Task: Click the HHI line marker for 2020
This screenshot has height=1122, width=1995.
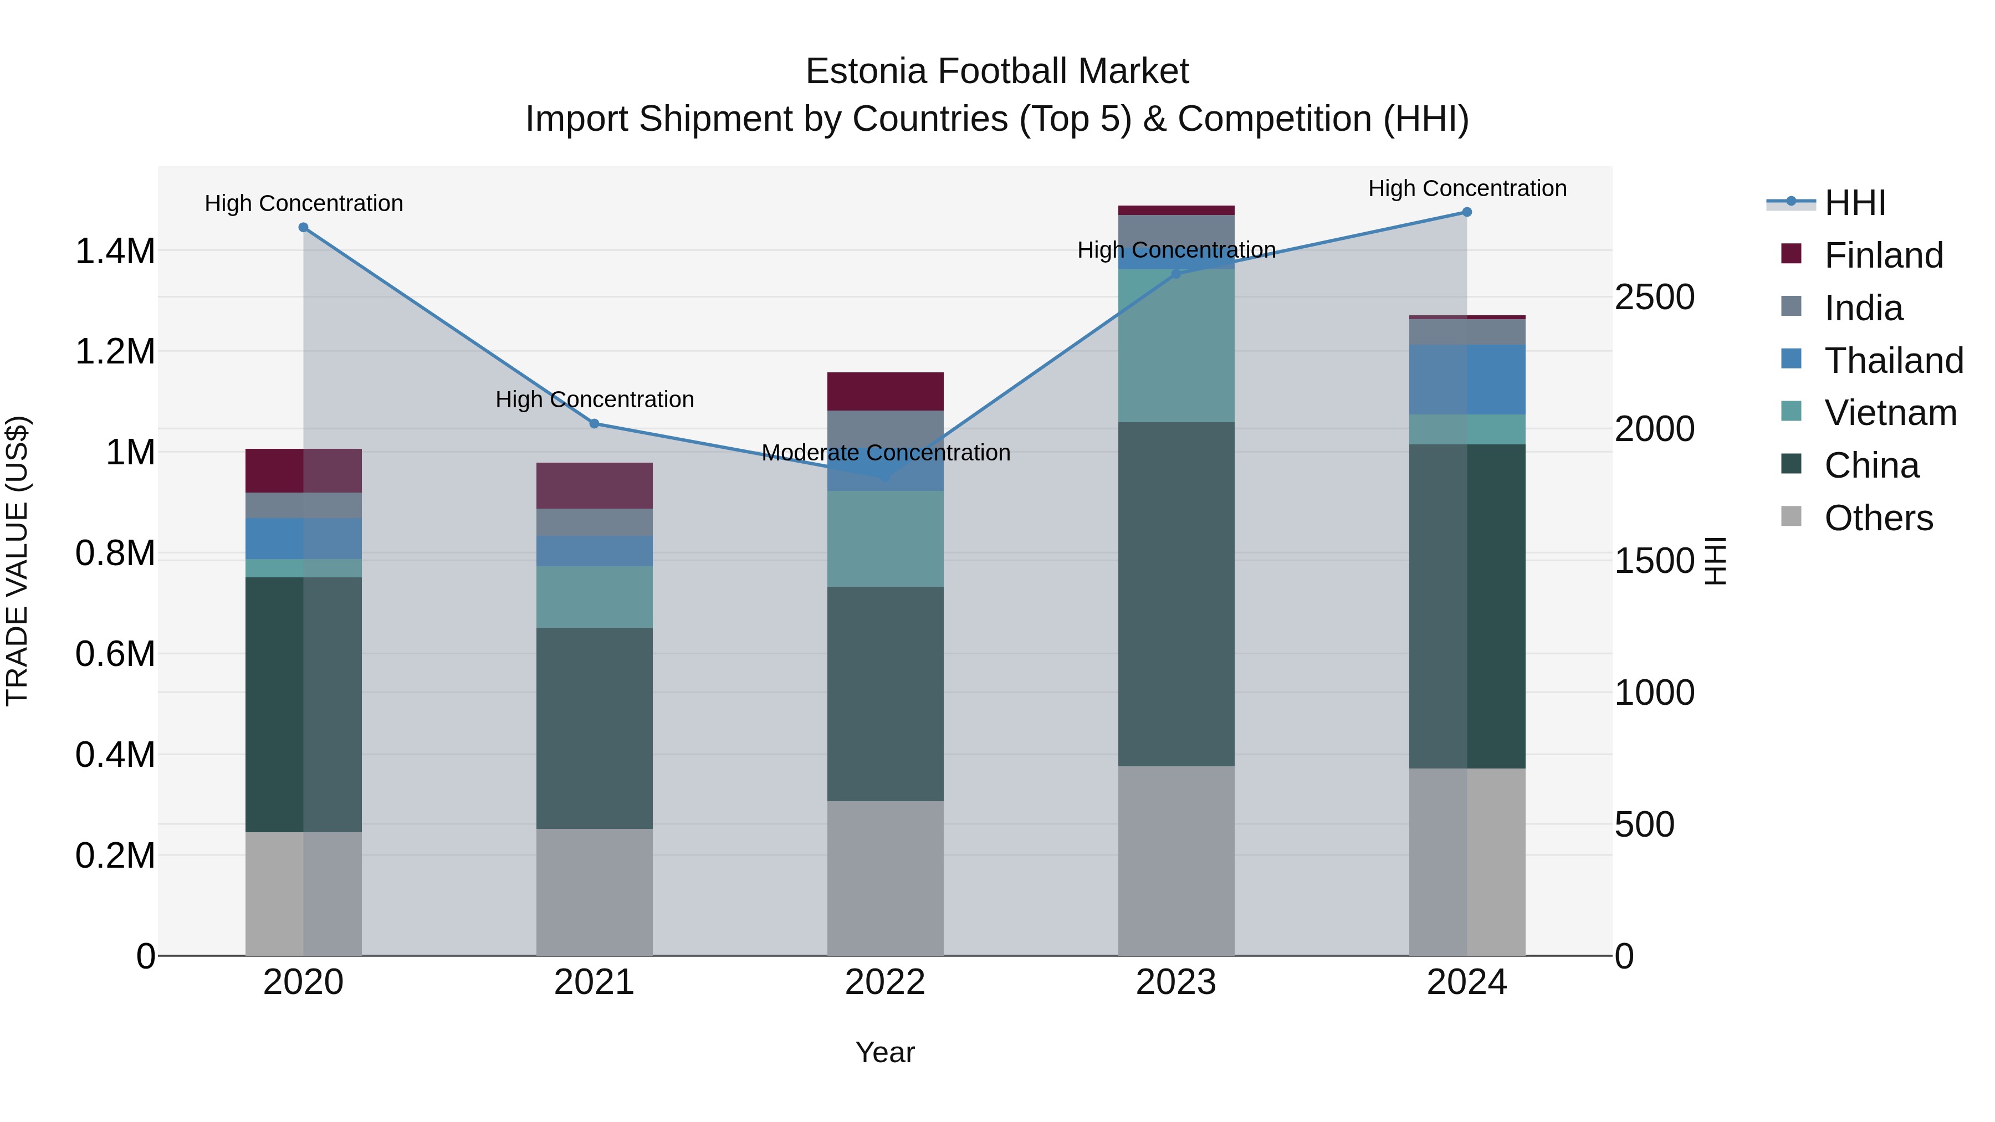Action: [304, 228]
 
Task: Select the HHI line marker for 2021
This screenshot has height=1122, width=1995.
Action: [594, 423]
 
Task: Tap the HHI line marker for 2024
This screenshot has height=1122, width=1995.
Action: [1467, 212]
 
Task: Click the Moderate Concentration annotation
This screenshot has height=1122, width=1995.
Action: [886, 453]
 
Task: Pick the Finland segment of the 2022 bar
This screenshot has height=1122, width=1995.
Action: [885, 392]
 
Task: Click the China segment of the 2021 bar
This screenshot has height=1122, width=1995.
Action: [594, 728]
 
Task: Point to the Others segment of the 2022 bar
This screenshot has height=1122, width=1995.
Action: [885, 878]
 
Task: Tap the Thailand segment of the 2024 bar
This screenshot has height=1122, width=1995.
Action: [1467, 380]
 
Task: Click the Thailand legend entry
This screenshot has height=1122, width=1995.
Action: [1893, 361]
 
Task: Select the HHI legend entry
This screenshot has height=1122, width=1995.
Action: [1854, 203]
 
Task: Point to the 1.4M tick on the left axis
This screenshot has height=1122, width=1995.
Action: [115, 252]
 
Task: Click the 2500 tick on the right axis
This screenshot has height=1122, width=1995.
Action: [1654, 298]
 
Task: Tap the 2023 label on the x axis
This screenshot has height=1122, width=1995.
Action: [1175, 982]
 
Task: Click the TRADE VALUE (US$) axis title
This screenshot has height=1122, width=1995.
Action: [18, 561]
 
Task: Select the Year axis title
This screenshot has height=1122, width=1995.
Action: [885, 1052]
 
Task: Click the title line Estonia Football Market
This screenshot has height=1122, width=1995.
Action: [997, 71]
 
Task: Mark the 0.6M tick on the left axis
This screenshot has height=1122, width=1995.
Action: [115, 654]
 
